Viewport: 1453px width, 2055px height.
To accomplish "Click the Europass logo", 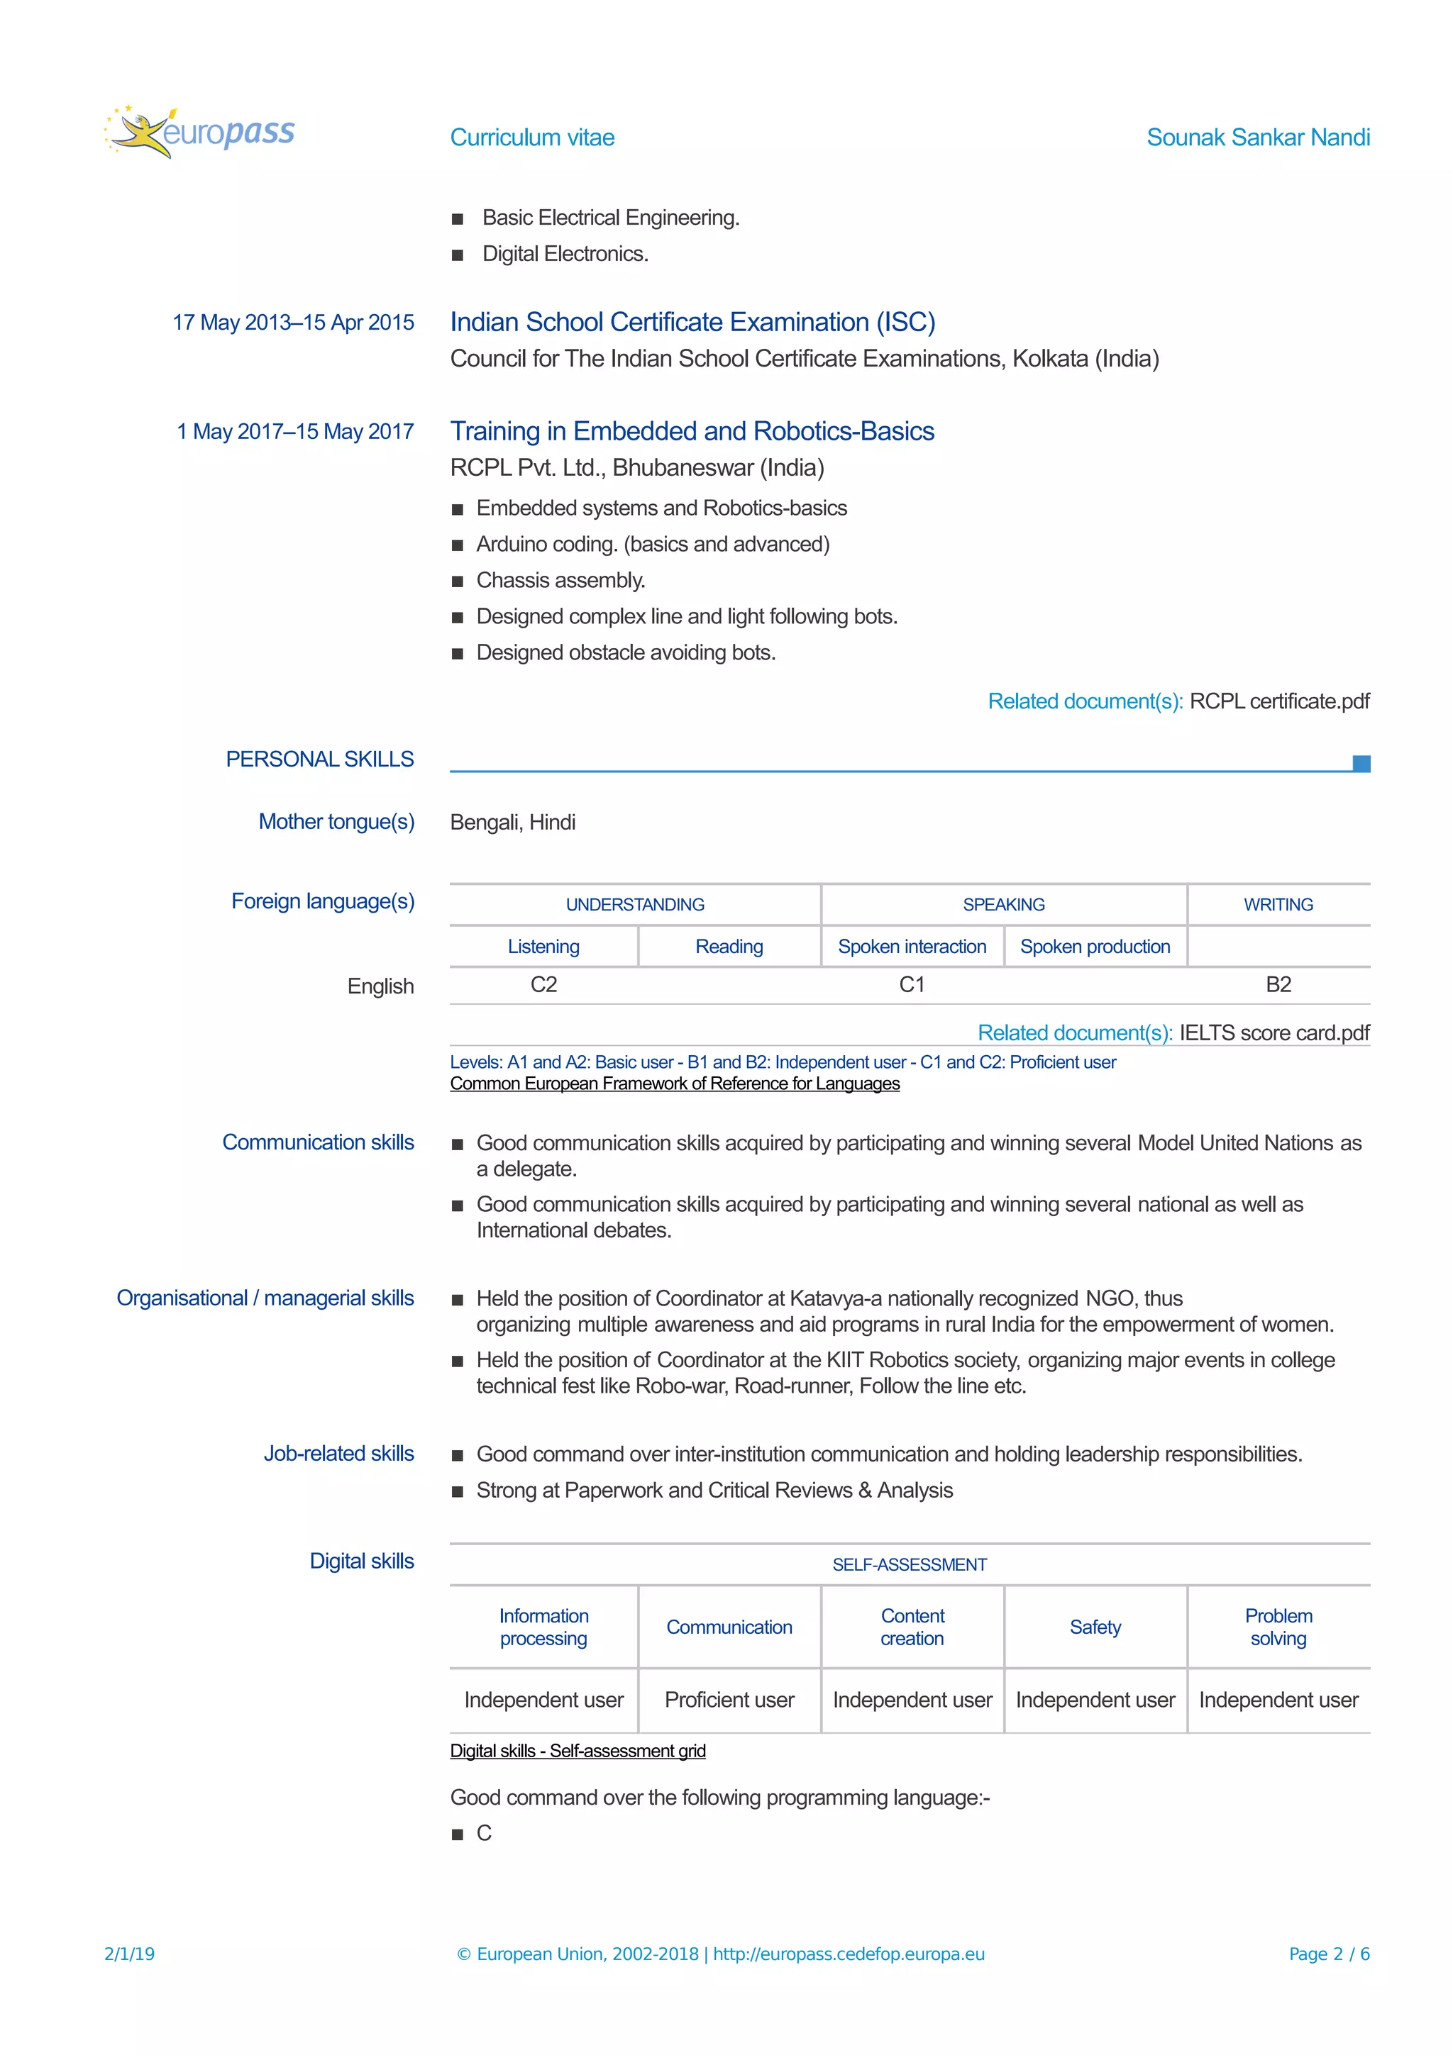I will [x=199, y=133].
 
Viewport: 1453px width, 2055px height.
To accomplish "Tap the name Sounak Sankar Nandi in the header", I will [x=1257, y=137].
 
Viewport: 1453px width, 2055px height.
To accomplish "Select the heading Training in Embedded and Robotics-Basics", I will [x=691, y=431].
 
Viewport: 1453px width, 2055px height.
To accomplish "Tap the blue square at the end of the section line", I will [x=1361, y=764].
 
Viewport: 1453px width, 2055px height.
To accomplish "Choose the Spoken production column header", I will [x=1094, y=946].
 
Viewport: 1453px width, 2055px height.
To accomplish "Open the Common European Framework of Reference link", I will [x=674, y=1084].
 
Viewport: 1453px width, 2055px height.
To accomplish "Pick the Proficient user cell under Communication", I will [x=729, y=1700].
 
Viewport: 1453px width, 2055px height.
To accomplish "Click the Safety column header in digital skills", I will [x=1094, y=1627].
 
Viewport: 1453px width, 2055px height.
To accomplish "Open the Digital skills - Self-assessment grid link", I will [x=578, y=1751].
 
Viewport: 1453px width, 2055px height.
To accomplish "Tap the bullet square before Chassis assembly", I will [x=458, y=581].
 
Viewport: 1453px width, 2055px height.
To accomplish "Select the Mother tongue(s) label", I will [x=336, y=822].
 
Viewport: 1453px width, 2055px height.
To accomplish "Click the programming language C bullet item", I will [x=483, y=1834].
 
